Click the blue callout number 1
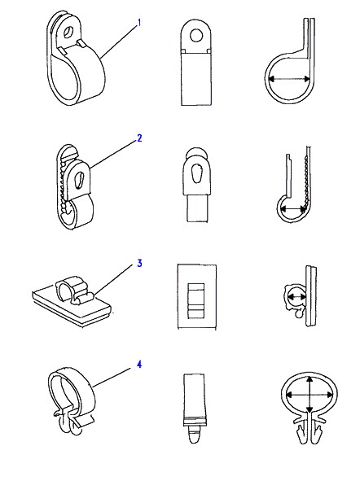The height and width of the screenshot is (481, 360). [x=139, y=23]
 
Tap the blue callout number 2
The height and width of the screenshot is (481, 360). [x=139, y=138]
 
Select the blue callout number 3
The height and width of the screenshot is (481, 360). [x=139, y=263]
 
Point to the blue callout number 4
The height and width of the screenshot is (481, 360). [x=139, y=365]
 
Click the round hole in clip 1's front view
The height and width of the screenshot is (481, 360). [x=196, y=36]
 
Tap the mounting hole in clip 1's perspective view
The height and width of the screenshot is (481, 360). [x=68, y=31]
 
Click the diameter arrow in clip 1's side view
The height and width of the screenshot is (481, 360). [x=289, y=79]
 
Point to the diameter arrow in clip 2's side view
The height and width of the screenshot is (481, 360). [x=293, y=209]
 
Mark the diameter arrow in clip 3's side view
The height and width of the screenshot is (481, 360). [x=296, y=296]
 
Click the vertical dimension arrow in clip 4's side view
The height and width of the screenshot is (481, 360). [x=310, y=395]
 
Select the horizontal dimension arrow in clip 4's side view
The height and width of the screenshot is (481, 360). [x=310, y=395]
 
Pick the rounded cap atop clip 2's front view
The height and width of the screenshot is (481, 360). [x=196, y=152]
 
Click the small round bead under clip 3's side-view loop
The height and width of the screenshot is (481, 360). [x=298, y=313]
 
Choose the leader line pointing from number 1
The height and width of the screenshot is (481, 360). [x=118, y=42]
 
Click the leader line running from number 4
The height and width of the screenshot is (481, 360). [x=111, y=378]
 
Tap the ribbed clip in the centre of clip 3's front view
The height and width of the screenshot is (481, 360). [x=196, y=300]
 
